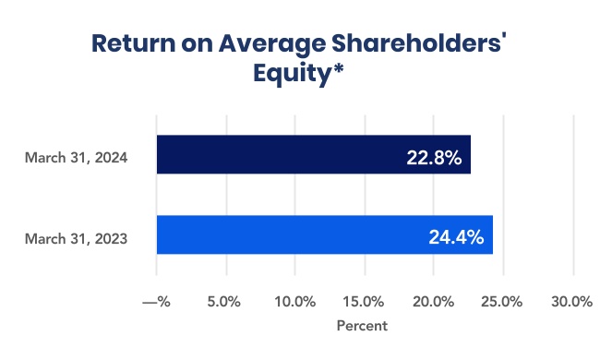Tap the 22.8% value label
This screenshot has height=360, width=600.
click(x=434, y=157)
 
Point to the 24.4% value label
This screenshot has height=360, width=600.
click(x=456, y=237)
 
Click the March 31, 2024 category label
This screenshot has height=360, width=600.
click(x=76, y=157)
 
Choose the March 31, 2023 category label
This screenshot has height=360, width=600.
click(x=76, y=238)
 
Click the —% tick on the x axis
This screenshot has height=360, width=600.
click(x=157, y=302)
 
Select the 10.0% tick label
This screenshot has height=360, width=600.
click(x=294, y=302)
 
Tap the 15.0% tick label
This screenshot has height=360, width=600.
click(x=364, y=302)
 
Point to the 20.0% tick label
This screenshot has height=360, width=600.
click(x=433, y=302)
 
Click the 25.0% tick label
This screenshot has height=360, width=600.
click(x=503, y=302)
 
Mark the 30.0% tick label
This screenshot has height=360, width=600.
click(x=572, y=302)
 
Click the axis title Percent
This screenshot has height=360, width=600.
click(x=362, y=326)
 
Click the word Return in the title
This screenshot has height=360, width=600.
click(x=132, y=42)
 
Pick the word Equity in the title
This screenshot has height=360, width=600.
click(x=289, y=74)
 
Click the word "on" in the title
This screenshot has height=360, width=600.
click(x=195, y=42)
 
